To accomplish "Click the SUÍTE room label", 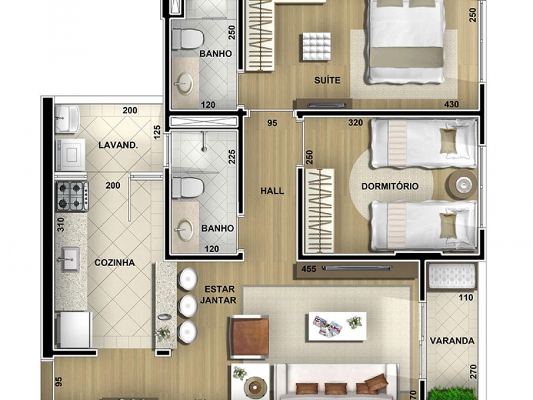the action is [327, 80].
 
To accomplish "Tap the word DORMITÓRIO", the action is [390, 187].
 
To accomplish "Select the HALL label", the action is [272, 191].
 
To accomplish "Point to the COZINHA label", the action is [114, 263].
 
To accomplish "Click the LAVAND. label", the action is [118, 145].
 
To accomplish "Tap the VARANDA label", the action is [452, 341].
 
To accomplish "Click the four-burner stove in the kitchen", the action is [73, 196].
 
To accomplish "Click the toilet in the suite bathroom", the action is [187, 39].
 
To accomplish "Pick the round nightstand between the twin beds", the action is [462, 184].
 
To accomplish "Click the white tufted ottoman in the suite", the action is [316, 47].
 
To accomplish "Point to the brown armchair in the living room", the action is [250, 337].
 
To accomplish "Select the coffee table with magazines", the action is [337, 326].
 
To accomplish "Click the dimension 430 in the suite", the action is [451, 104].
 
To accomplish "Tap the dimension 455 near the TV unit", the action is [309, 269].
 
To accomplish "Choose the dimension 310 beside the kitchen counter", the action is [61, 225].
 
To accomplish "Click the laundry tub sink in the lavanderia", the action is [67, 118].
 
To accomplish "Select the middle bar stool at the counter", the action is [188, 306].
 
